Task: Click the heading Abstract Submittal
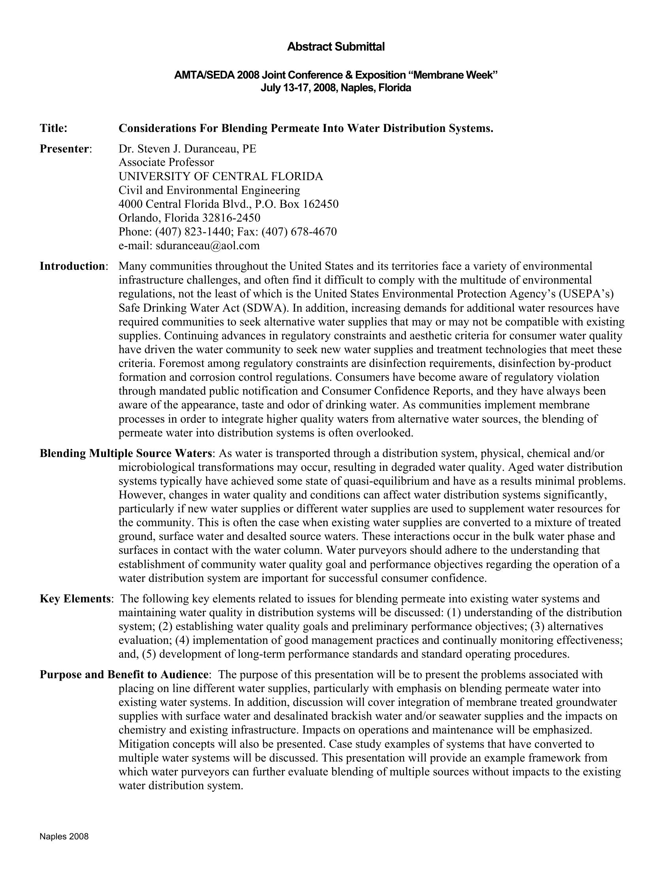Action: (x=336, y=47)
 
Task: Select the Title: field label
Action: (x=53, y=128)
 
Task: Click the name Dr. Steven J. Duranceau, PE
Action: (x=187, y=149)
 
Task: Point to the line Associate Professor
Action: (x=166, y=162)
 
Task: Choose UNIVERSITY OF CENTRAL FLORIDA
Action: (x=221, y=176)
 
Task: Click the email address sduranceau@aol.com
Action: (x=208, y=246)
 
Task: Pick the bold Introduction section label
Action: (x=72, y=266)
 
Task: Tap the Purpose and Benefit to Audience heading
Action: (x=124, y=674)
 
